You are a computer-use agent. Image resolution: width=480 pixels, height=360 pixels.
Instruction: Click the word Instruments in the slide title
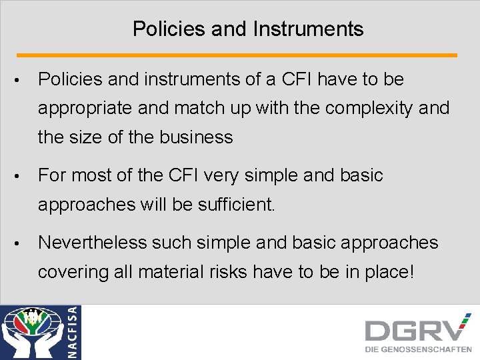coord(309,29)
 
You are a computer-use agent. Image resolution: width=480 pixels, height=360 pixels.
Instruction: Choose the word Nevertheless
coord(93,243)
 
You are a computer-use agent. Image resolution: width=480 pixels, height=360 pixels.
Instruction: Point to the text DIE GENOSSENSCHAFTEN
coord(418,349)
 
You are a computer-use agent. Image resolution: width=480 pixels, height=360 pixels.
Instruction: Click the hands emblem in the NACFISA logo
coord(32,333)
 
